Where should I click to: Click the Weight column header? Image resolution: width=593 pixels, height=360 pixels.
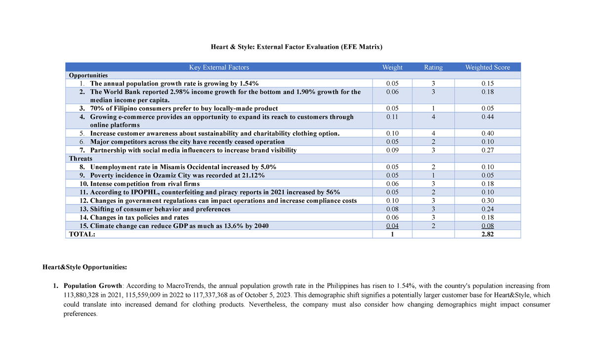[x=392, y=67]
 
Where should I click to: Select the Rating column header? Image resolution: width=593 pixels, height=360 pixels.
[x=433, y=67]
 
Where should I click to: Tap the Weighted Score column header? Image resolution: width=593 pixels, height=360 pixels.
[x=487, y=67]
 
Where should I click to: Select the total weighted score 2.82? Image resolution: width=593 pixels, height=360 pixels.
[x=487, y=235]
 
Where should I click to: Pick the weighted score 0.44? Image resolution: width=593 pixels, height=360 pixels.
[x=487, y=117]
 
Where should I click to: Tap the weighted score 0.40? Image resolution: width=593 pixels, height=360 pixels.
[x=487, y=133]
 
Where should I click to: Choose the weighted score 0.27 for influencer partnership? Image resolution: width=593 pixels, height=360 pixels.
[x=487, y=150]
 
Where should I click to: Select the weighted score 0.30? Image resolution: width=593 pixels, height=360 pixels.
[x=487, y=200]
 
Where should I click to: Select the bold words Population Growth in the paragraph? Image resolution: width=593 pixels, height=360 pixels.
[x=93, y=286]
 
